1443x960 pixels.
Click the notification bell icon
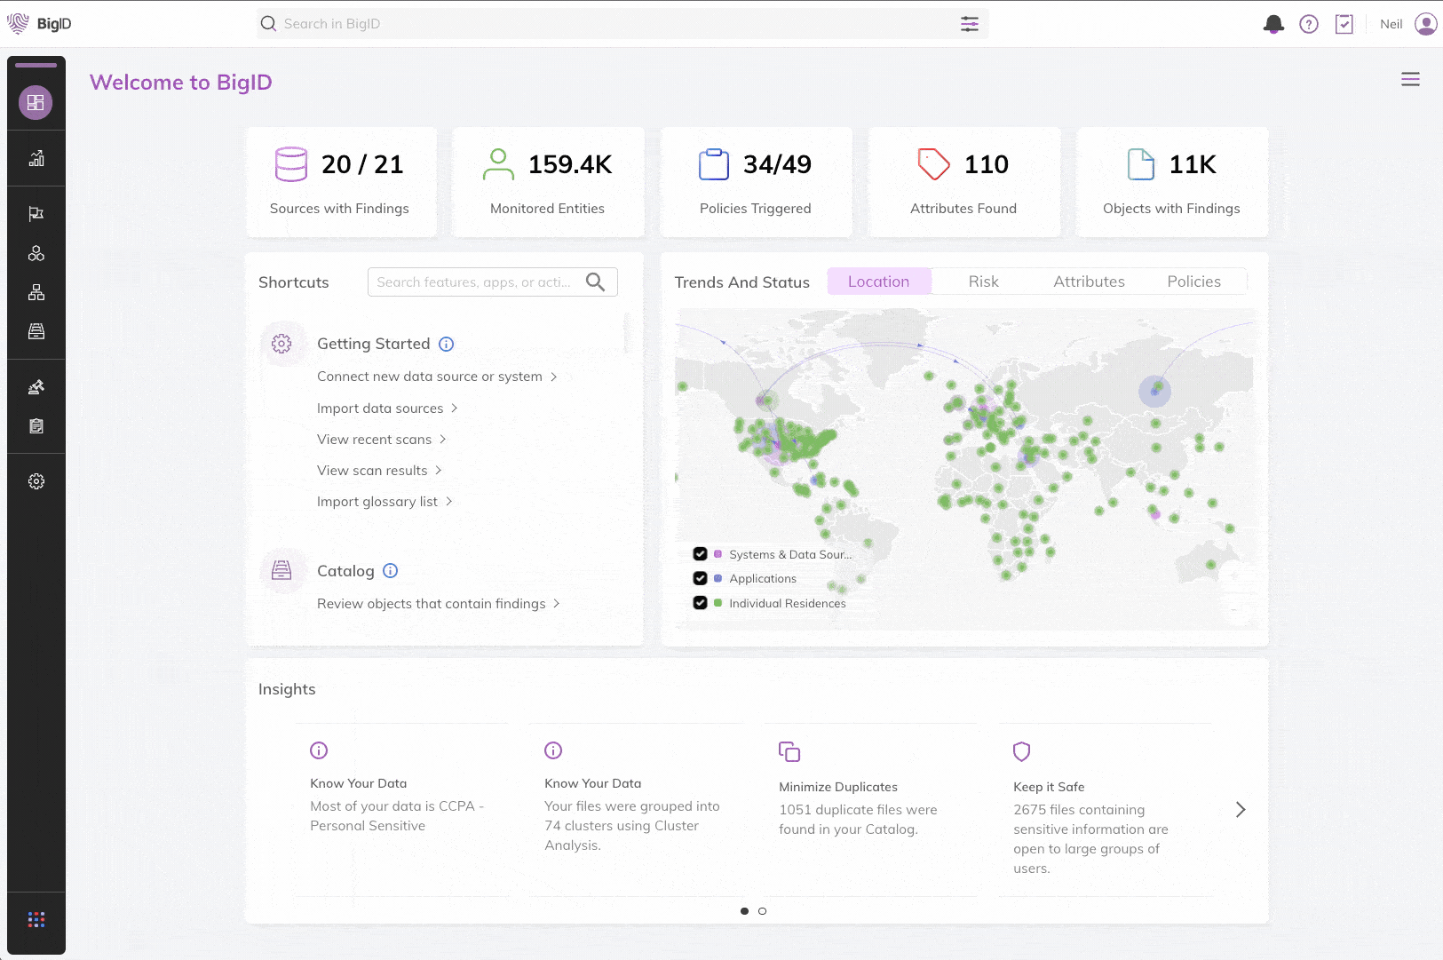point(1273,24)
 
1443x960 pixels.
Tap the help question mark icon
point(1309,24)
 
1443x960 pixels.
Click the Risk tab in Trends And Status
point(983,282)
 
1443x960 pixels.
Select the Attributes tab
point(1089,282)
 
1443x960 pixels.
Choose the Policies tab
point(1193,282)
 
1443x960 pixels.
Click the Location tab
point(878,282)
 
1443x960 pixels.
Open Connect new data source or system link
point(430,377)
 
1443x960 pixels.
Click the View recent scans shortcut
point(375,440)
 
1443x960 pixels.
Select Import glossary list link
point(377,502)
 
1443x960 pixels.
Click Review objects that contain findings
point(432,604)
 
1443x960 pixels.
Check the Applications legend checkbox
point(701,578)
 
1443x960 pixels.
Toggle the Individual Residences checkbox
point(701,603)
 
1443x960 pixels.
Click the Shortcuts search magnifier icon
point(595,282)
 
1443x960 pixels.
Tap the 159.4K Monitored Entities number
point(570,164)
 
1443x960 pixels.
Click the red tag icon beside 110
point(933,164)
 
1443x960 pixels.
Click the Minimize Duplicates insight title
point(838,787)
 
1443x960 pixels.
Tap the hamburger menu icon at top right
point(1410,80)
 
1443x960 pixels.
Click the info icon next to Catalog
point(390,571)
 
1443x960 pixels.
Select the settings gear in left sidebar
point(36,481)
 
